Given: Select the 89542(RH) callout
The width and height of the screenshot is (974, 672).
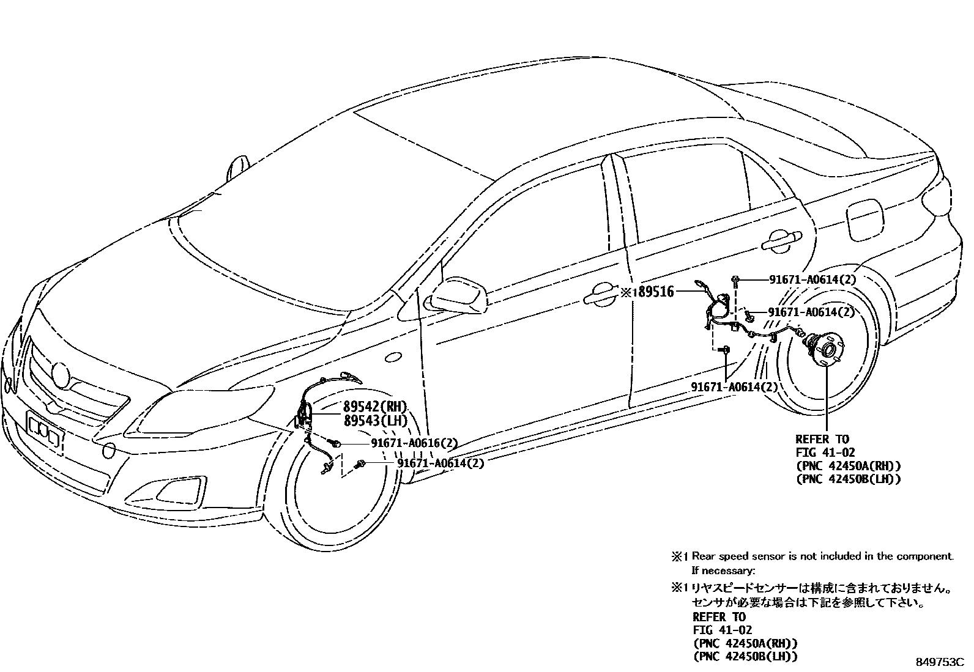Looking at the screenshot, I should [x=374, y=407].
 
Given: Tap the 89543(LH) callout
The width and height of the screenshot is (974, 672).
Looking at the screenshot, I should [x=374, y=421].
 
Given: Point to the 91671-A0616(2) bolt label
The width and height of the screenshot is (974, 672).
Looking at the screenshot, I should [x=414, y=443].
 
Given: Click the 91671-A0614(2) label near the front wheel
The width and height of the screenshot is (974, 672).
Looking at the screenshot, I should [x=441, y=463].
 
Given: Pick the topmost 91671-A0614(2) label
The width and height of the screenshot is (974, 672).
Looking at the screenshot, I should [x=811, y=279].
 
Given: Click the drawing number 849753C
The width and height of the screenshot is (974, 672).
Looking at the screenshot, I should [x=939, y=662].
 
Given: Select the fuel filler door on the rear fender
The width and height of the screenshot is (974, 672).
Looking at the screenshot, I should [x=864, y=221].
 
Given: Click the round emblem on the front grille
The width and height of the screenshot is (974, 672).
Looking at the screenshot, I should [x=61, y=373].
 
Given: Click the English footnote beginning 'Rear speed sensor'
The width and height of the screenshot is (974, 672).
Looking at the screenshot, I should [x=822, y=556].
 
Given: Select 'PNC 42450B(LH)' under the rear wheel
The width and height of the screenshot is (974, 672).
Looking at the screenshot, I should [x=848, y=479].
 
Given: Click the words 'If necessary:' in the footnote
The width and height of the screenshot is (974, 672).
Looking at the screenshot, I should [x=723, y=570].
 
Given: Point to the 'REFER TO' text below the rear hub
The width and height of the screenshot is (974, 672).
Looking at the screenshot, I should [x=822, y=439].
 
